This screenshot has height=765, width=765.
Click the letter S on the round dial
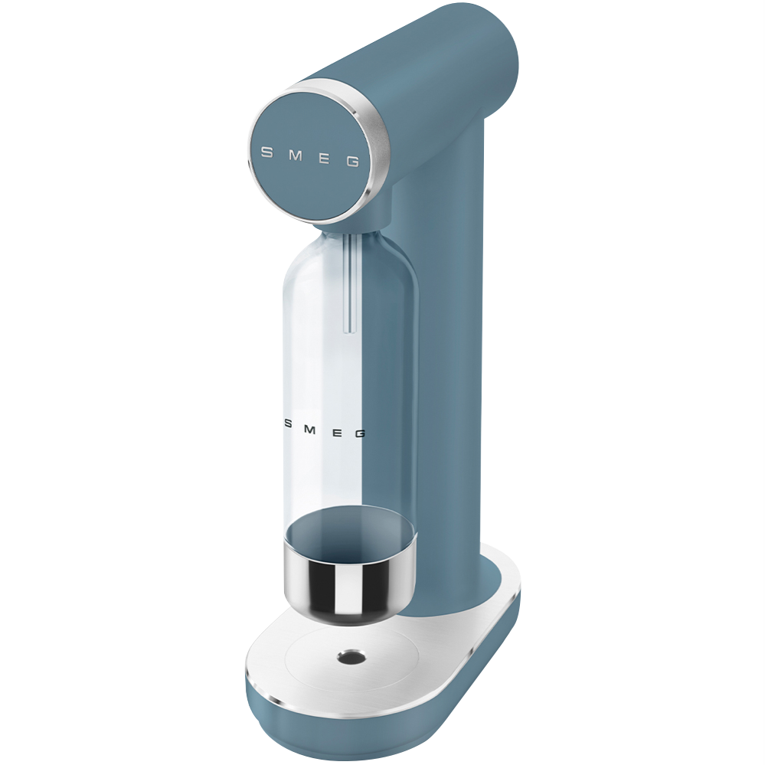click(x=267, y=152)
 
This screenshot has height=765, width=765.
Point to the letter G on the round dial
click(x=353, y=162)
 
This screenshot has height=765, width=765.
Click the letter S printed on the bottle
click(x=289, y=424)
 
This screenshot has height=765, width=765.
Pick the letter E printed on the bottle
click(x=337, y=432)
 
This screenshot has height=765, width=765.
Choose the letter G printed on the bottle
click(x=360, y=433)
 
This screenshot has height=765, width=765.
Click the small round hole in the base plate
click(x=352, y=657)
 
